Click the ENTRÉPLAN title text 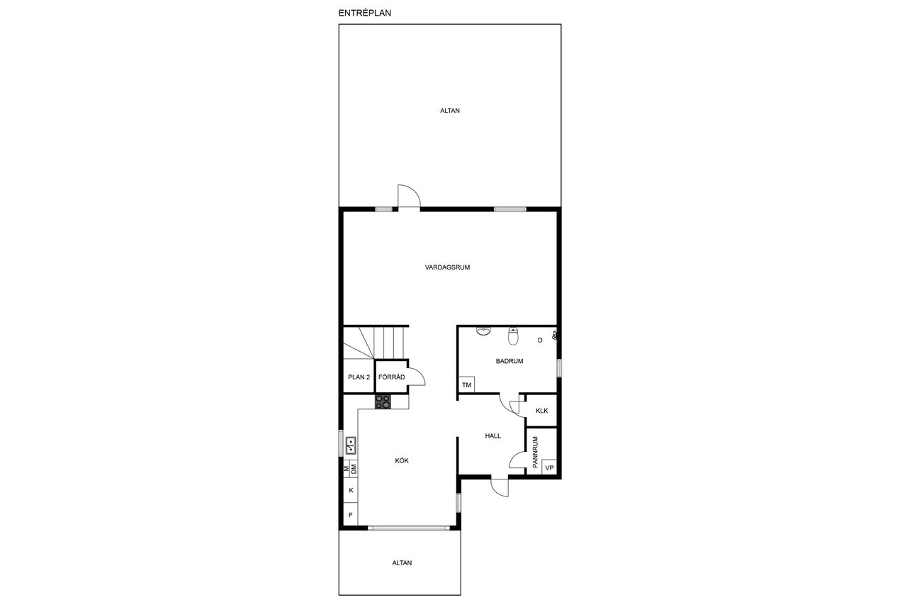(364, 13)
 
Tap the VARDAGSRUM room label (447, 267)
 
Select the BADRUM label (509, 361)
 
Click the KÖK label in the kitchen (402, 460)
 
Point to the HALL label (492, 436)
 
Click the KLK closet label (541, 411)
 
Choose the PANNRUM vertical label (535, 452)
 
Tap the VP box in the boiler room (549, 467)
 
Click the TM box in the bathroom (466, 384)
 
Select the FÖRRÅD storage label (392, 377)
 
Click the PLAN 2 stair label (359, 377)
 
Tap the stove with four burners (383, 401)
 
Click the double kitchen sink (351, 445)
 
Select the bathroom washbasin (483, 331)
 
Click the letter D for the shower (540, 340)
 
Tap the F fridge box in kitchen (351, 515)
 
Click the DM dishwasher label (354, 470)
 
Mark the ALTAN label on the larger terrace (450, 111)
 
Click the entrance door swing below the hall (500, 487)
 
